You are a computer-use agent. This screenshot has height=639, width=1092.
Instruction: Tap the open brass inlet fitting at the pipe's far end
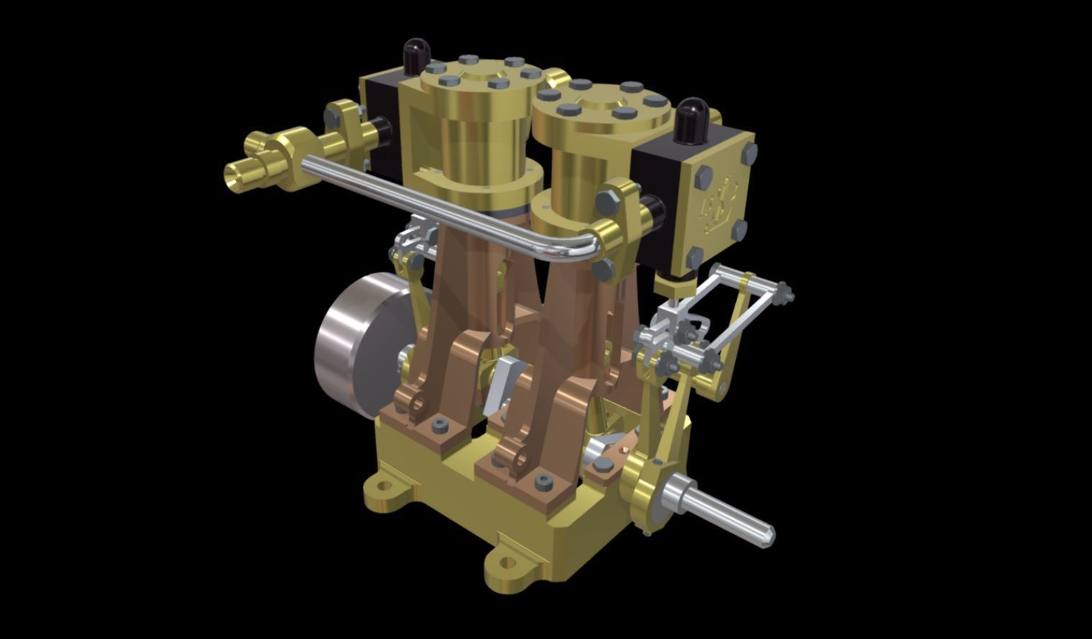click(x=240, y=175)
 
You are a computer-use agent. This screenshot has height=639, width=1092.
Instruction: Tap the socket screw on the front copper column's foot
click(x=543, y=481)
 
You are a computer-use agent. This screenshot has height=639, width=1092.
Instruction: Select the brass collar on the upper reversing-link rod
click(x=748, y=282)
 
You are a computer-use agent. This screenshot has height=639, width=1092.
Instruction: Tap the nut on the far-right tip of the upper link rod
click(x=788, y=294)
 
